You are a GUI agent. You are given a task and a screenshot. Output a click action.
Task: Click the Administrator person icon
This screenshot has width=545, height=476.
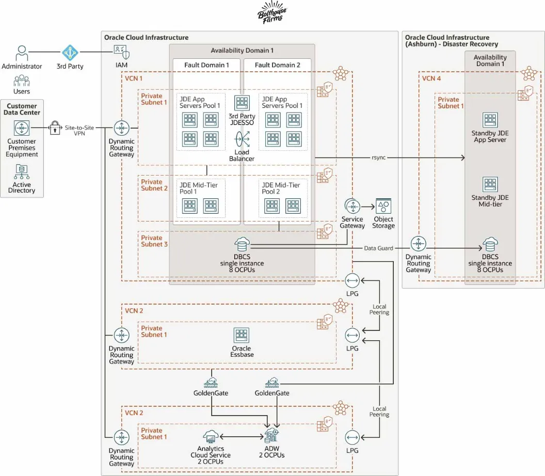click(x=22, y=53)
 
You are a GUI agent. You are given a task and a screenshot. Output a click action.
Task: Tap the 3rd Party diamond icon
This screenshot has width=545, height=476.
click(x=70, y=53)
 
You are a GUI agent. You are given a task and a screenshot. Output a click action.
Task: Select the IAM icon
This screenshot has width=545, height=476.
click(x=121, y=53)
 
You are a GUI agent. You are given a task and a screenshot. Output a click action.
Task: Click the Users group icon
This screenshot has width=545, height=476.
click(x=22, y=81)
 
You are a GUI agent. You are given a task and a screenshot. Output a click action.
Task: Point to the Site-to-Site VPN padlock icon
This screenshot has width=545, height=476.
click(x=55, y=128)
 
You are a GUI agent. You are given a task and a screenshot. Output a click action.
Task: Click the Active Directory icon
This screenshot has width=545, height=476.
click(x=22, y=172)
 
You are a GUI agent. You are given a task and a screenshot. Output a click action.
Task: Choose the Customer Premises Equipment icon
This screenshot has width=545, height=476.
click(x=22, y=128)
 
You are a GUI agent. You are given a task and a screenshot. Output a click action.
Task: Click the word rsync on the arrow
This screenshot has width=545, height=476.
click(x=378, y=157)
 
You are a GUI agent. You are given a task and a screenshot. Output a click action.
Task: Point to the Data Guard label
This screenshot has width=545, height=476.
click(x=379, y=248)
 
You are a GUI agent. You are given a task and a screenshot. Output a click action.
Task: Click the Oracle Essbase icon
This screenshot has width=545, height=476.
click(x=242, y=336)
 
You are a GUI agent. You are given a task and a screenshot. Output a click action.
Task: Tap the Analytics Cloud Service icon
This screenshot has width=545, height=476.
click(x=210, y=437)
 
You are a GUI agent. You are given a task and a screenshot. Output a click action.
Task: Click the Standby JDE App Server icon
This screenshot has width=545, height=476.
click(x=490, y=120)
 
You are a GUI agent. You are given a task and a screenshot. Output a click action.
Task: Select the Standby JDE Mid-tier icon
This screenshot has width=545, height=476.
click(x=490, y=185)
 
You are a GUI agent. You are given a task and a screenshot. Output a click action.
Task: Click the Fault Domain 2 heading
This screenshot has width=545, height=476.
click(x=277, y=65)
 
